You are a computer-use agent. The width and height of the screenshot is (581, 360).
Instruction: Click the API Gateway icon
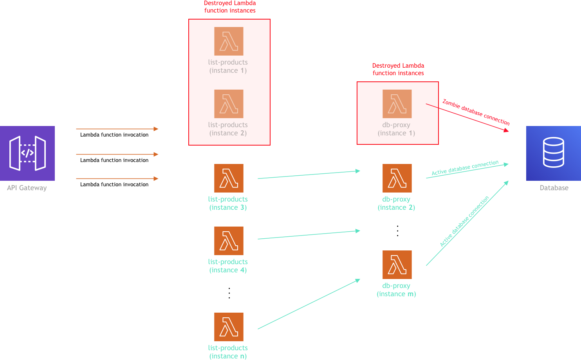tap(27, 153)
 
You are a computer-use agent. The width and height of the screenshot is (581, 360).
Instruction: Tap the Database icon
tap(553, 153)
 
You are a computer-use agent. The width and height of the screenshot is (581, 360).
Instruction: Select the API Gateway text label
tap(27, 188)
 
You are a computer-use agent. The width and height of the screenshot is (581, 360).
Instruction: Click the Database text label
tap(554, 188)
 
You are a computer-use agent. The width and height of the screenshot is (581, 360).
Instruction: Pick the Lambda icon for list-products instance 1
tap(229, 41)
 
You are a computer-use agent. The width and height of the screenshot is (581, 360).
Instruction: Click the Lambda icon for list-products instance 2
tap(229, 104)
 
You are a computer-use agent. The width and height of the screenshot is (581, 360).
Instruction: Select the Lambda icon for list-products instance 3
tap(229, 178)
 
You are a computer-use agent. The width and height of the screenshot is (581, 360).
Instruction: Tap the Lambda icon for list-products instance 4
tap(229, 241)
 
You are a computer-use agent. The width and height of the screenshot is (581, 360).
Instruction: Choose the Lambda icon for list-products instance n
tap(229, 327)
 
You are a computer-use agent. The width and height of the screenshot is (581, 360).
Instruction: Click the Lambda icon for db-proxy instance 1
tap(397, 104)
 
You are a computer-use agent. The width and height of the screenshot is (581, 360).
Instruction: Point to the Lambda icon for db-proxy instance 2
tap(397, 178)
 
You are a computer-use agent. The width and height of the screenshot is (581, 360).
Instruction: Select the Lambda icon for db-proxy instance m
tap(397, 265)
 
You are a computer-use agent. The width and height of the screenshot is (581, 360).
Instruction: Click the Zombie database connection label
tap(476, 112)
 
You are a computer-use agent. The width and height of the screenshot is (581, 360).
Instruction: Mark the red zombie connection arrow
tap(468, 118)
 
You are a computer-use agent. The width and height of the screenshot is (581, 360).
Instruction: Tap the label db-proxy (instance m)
tap(396, 290)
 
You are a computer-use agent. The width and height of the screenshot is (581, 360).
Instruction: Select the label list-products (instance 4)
tap(228, 266)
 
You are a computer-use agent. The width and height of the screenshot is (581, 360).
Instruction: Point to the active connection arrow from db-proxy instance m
tap(467, 223)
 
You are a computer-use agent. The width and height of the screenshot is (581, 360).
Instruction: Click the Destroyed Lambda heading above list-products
tap(230, 7)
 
